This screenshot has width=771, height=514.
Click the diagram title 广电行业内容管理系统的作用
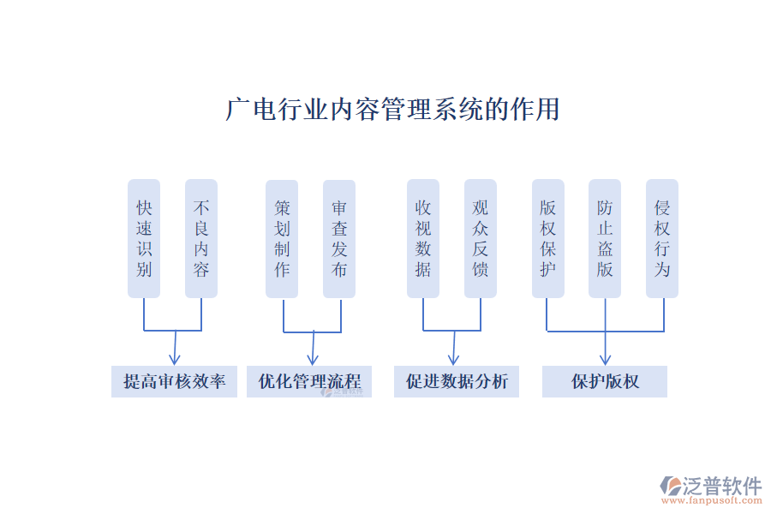(x=392, y=110)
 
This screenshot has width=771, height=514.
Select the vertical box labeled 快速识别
(x=144, y=238)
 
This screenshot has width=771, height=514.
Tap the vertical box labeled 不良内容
(x=201, y=238)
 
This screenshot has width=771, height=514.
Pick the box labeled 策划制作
(x=282, y=238)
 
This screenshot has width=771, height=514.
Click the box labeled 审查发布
(x=339, y=238)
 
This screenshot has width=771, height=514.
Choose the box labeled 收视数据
(x=423, y=238)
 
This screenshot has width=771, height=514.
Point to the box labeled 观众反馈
(x=481, y=238)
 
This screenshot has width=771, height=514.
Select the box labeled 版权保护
(x=548, y=238)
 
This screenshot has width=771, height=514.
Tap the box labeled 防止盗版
(x=606, y=238)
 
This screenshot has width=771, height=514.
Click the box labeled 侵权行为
(x=662, y=238)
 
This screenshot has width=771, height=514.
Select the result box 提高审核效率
(x=174, y=381)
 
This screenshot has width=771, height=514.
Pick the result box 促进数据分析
(x=457, y=381)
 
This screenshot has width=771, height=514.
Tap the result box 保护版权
(x=605, y=381)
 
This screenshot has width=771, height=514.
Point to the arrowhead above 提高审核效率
(x=174, y=360)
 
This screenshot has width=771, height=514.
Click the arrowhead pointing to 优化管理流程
(x=312, y=360)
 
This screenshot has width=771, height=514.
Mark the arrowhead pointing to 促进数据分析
(x=453, y=360)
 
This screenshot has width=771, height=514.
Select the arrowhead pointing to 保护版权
(x=606, y=360)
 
